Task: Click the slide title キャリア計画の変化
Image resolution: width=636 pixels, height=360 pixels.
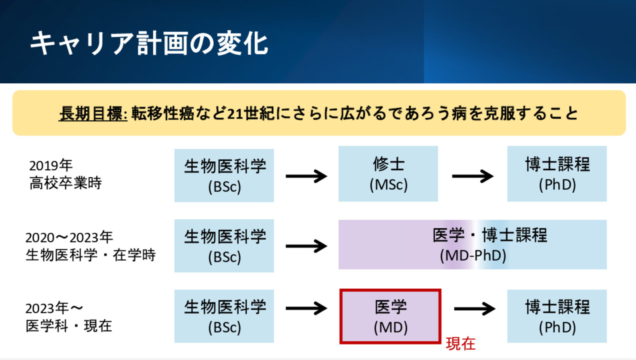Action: click(149, 43)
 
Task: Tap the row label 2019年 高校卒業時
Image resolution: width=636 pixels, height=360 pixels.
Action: click(65, 174)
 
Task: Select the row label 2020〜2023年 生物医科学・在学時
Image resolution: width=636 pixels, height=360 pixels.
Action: click(90, 246)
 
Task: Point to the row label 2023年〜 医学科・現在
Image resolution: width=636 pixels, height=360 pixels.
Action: click(69, 317)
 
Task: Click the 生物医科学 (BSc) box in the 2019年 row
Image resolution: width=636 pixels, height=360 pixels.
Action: click(224, 176)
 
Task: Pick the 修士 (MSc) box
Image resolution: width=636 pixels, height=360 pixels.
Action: click(388, 174)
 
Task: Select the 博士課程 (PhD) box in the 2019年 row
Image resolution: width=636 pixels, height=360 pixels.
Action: click(557, 174)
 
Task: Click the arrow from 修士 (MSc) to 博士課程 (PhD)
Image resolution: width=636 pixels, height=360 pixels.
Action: click(472, 176)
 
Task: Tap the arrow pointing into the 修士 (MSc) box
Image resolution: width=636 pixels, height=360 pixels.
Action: click(306, 176)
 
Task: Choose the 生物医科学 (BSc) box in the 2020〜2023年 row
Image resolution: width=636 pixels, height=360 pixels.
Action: click(224, 246)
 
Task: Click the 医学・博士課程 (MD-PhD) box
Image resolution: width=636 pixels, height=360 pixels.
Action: click(472, 245)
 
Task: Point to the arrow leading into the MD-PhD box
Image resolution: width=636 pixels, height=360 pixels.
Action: click(306, 246)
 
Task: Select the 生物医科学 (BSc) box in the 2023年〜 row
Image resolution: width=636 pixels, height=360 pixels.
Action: click(224, 316)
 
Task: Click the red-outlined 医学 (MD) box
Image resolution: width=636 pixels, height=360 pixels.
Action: click(390, 317)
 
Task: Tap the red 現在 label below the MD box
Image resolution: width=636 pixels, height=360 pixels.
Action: click(460, 344)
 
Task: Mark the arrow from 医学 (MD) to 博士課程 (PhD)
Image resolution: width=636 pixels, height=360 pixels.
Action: click(475, 308)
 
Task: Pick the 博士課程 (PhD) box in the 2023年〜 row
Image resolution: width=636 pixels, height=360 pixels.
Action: click(557, 316)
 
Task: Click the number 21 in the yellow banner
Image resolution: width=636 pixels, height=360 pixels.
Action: click(235, 114)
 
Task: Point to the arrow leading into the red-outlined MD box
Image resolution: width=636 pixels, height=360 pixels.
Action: click(306, 308)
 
